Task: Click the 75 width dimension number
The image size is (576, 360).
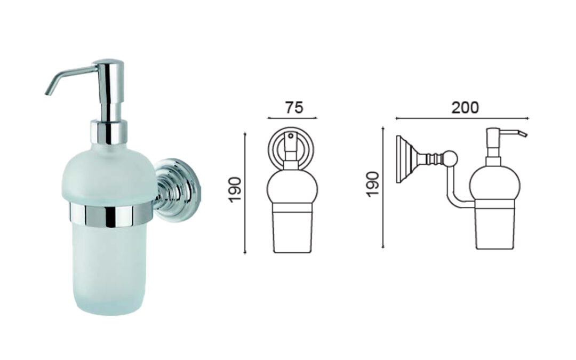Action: pos(294,107)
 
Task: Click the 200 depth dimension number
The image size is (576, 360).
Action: pos(465,107)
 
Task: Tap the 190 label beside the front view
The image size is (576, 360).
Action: pos(235,189)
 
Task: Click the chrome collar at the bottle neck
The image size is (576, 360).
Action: pos(109,132)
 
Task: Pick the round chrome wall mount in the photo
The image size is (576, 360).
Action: pos(178,189)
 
